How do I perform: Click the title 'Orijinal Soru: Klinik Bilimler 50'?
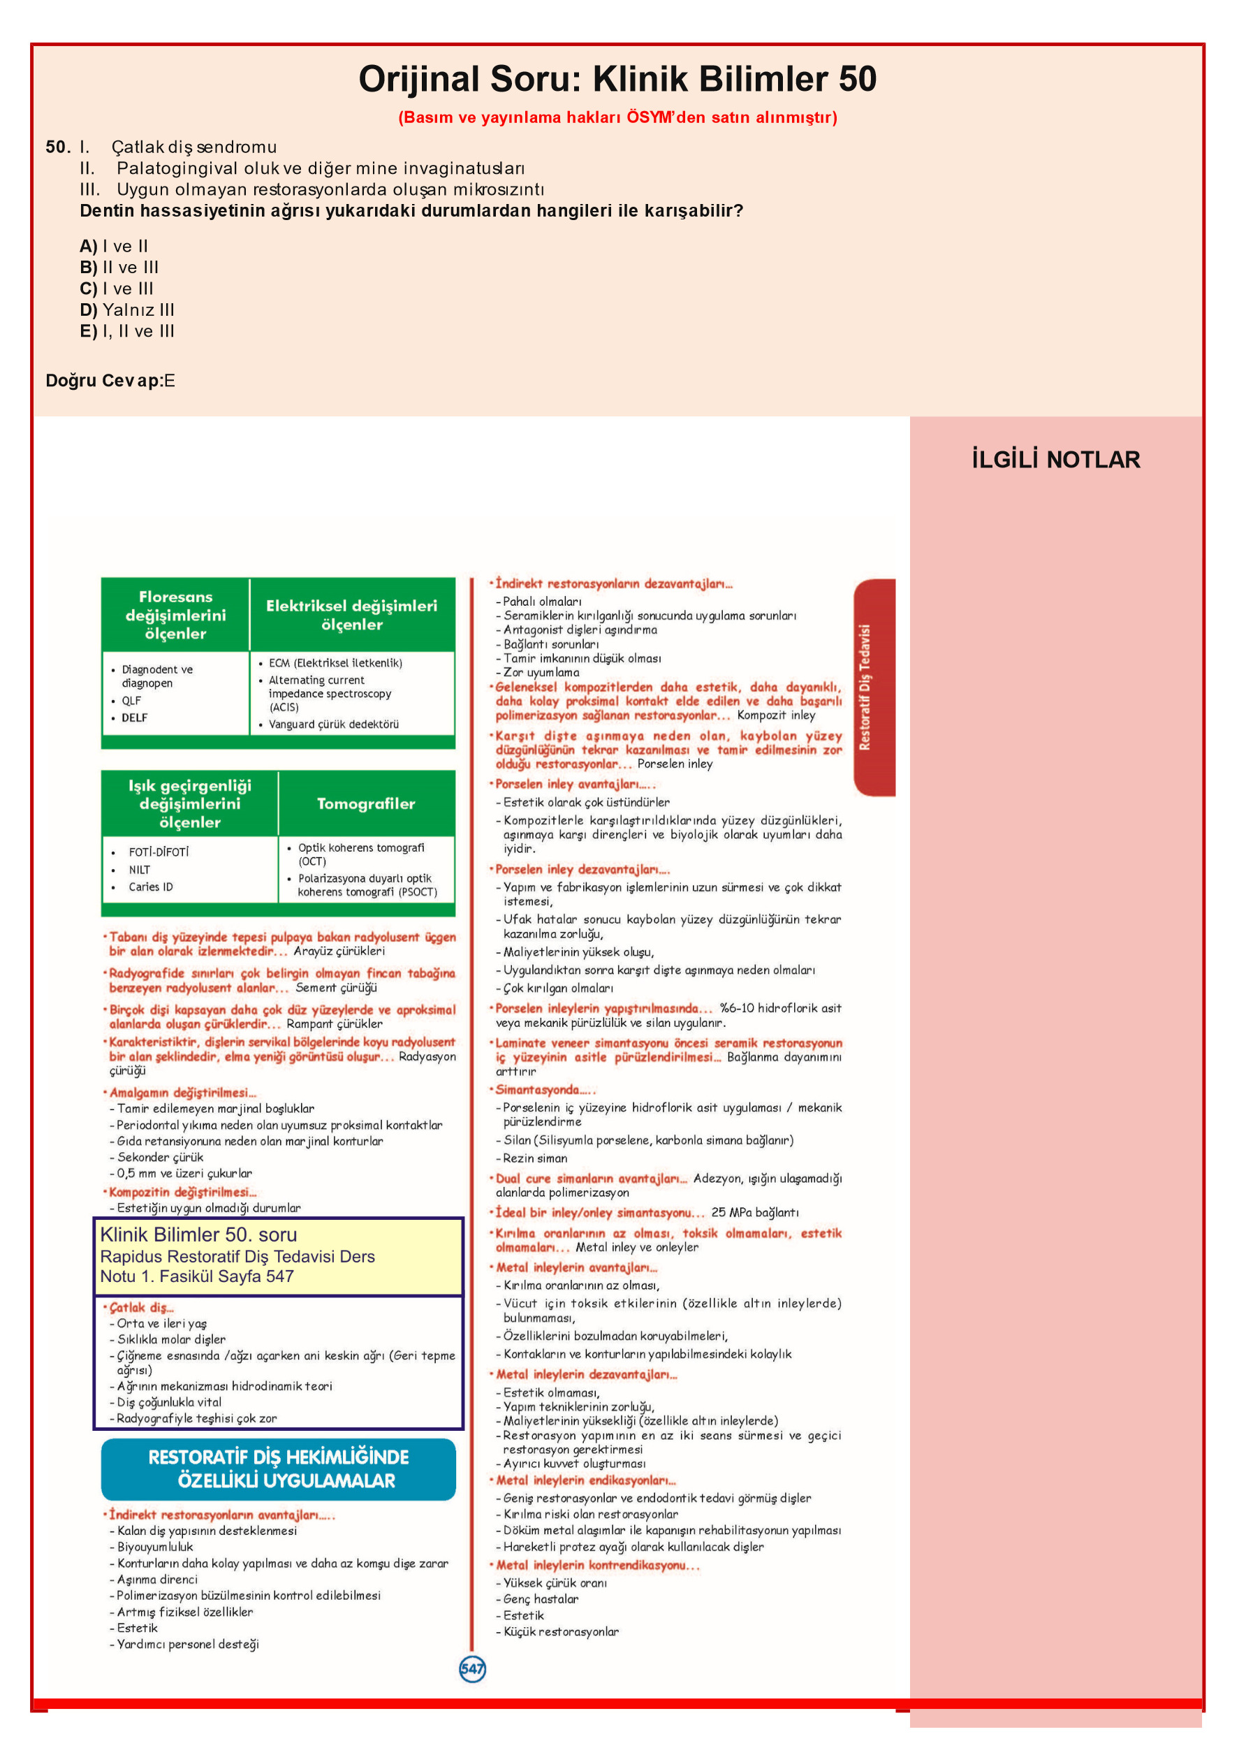617,80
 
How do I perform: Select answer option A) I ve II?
114,246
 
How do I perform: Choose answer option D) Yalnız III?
127,310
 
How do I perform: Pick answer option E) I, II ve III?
127,331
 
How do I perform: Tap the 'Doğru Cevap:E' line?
110,381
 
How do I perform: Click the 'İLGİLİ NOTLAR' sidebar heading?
1055,460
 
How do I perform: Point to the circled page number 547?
472,1668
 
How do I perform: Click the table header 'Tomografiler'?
365,803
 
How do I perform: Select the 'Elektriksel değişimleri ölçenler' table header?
351,615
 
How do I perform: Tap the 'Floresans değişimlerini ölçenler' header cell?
175,615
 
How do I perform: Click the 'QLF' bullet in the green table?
131,700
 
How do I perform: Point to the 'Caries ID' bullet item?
151,887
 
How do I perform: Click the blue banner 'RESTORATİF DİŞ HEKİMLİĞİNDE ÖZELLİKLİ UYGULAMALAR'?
278,1469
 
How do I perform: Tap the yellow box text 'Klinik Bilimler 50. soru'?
199,1235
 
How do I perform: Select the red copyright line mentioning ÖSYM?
617,117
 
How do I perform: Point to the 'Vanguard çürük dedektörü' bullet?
333,724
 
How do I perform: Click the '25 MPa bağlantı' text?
754,1212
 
